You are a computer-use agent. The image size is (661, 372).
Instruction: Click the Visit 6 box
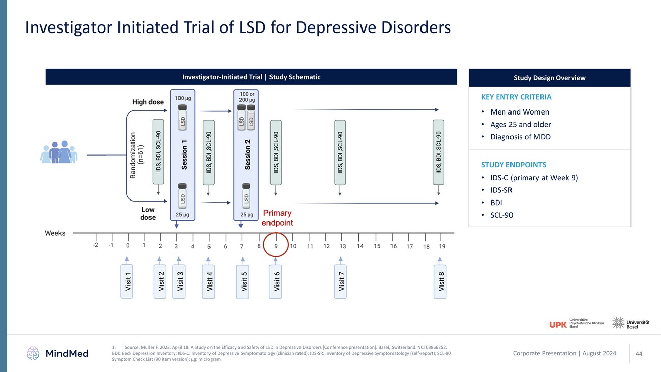coord(277,281)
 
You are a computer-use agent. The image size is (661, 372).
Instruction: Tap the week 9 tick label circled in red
coord(276,246)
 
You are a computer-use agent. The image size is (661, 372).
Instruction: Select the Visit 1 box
coord(128,281)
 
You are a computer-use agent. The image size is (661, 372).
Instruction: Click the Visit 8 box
coord(441,281)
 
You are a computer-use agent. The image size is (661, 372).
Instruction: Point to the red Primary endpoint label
coord(277,218)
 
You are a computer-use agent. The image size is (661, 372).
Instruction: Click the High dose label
coord(148,102)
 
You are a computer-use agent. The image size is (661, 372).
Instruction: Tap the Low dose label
coord(148,214)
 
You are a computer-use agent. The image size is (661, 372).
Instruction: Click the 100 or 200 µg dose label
coord(247,97)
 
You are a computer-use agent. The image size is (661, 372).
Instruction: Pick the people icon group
coord(60,152)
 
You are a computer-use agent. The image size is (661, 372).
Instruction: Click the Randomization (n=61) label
coord(137,155)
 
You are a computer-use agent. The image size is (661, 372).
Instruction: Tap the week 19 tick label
coord(442,246)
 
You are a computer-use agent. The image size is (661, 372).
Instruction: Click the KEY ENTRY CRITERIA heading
coord(516,97)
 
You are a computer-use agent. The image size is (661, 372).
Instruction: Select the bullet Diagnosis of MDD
coord(520,137)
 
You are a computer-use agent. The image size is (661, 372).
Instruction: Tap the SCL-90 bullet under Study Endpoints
coord(501,215)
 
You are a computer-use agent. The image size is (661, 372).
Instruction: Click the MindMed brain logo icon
coord(34,353)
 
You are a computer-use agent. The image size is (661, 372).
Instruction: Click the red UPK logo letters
coord(558,324)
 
